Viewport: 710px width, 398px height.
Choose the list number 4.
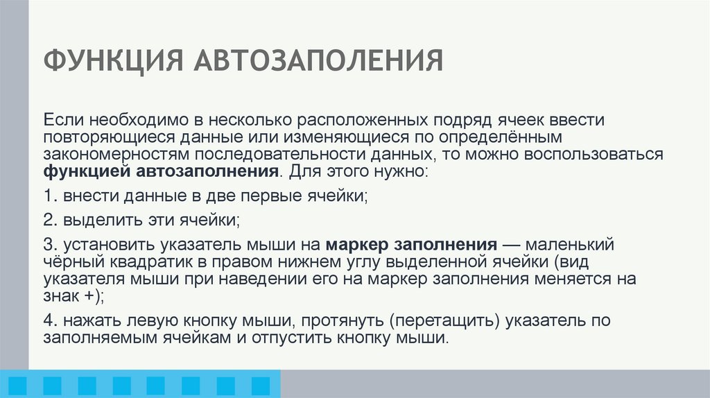tap(46, 322)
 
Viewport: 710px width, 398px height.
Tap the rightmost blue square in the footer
tap(261, 386)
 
